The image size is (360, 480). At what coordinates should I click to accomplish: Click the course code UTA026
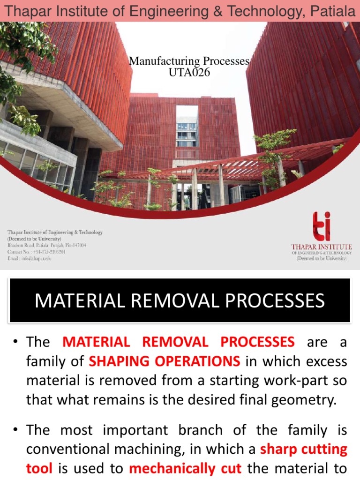(189, 72)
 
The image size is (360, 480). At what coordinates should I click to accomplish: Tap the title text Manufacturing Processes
(189, 61)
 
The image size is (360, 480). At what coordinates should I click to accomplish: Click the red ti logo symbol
(321, 226)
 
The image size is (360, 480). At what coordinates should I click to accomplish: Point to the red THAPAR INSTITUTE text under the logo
(321, 247)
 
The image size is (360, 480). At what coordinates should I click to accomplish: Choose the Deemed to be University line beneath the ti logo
(321, 258)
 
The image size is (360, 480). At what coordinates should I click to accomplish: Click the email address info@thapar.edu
(29, 258)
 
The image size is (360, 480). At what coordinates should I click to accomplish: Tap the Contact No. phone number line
(36, 252)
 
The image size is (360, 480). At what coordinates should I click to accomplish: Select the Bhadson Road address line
(46, 245)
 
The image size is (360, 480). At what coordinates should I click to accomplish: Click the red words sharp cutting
(304, 450)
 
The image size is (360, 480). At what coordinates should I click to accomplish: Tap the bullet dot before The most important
(14, 430)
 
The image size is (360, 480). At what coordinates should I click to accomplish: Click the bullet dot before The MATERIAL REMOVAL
(14, 342)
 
